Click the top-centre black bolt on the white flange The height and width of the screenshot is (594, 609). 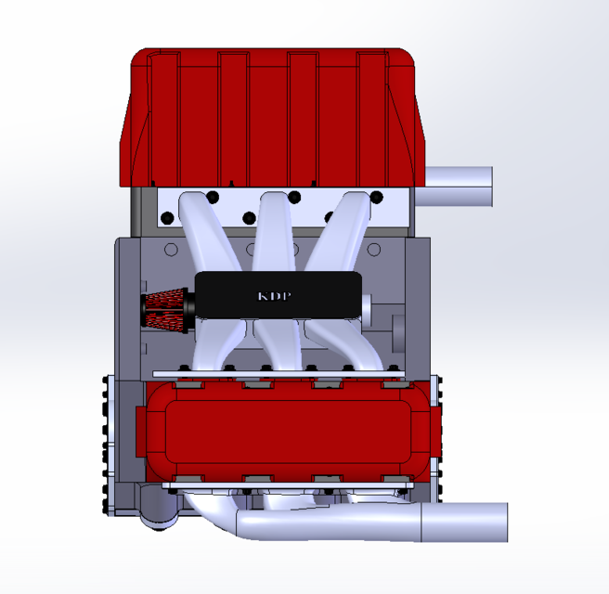pyautogui.click(x=294, y=197)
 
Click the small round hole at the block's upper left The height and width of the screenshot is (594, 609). pyautogui.click(x=170, y=250)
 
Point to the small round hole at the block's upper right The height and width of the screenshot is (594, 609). pyautogui.click(x=374, y=250)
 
